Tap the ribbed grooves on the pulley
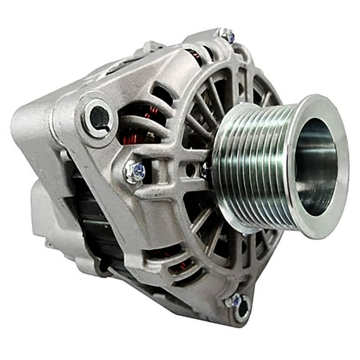tap(250, 164)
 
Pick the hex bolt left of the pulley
tap(134, 172)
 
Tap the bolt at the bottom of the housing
tap(236, 302)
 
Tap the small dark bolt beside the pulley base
tap(205, 169)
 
